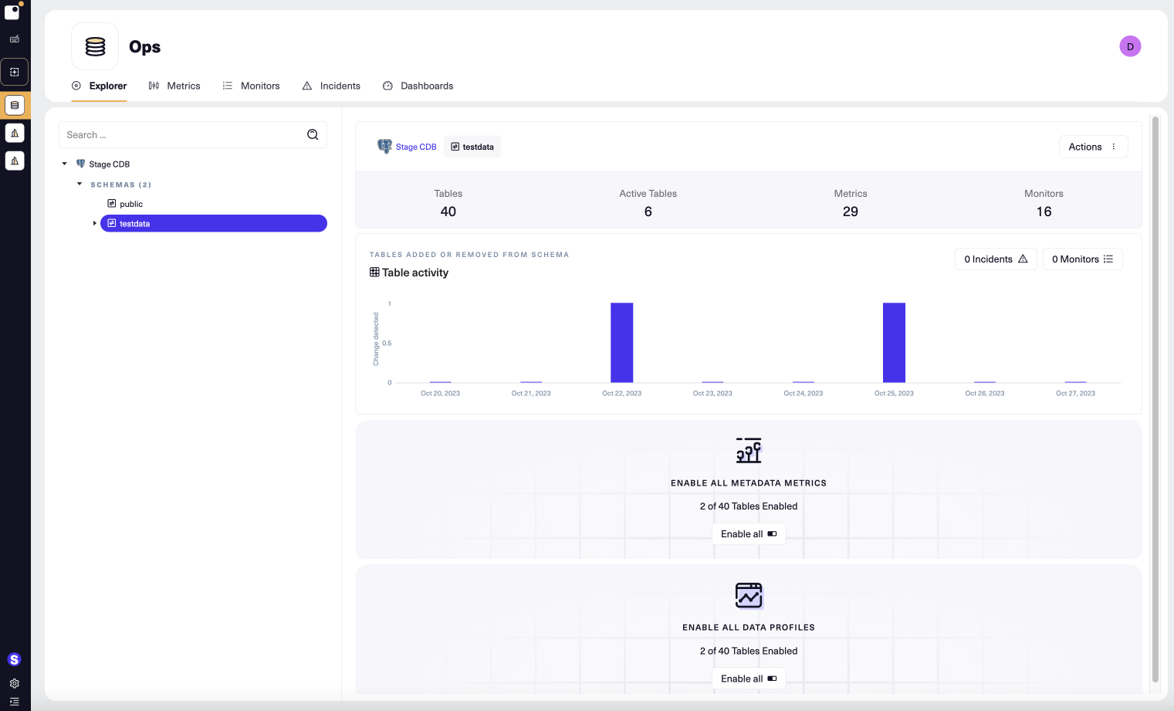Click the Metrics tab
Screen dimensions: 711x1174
[x=175, y=86]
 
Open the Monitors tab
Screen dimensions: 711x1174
[x=252, y=86]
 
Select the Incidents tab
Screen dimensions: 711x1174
[x=331, y=86]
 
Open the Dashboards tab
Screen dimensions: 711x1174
[x=418, y=86]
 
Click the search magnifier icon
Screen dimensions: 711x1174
[x=313, y=134]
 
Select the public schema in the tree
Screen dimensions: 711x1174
[x=130, y=204]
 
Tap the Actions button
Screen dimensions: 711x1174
[x=1092, y=147]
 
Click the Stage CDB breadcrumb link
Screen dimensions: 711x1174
[x=415, y=147]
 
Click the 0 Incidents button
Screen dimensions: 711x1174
[x=995, y=259]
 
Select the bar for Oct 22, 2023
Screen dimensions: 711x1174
[x=621, y=342]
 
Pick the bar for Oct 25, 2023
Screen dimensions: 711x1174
[x=894, y=342]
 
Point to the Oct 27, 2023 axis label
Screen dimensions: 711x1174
[x=1075, y=394]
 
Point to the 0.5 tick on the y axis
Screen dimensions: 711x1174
[x=387, y=344]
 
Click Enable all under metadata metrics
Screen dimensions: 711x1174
[x=749, y=534]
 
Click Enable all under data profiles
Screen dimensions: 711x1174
[x=749, y=679]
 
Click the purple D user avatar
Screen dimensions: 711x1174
[x=1130, y=46]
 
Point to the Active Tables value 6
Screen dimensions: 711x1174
[x=648, y=212]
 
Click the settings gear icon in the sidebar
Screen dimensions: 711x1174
[x=15, y=683]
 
